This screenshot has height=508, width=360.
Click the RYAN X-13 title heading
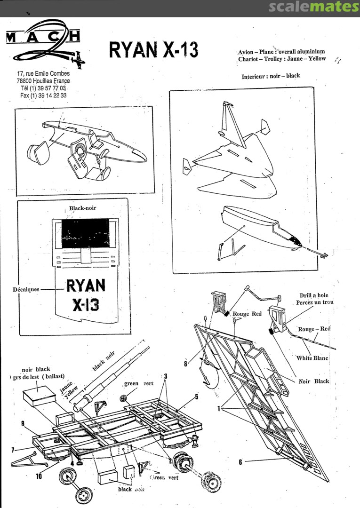(x=153, y=49)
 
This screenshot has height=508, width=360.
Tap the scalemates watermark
(x=314, y=7)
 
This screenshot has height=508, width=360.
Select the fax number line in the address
(x=43, y=95)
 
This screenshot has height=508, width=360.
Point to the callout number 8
(x=186, y=363)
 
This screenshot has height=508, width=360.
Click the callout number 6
(x=240, y=462)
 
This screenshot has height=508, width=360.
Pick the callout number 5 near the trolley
(x=197, y=397)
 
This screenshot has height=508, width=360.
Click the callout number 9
(x=23, y=424)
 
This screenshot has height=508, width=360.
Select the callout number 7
(x=13, y=450)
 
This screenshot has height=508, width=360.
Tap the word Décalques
(x=26, y=290)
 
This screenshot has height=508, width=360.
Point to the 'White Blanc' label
(x=312, y=358)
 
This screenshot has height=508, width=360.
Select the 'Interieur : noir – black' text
(x=271, y=76)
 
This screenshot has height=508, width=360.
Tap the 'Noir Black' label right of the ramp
(x=314, y=381)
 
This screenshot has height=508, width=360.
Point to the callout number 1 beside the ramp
(x=218, y=409)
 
